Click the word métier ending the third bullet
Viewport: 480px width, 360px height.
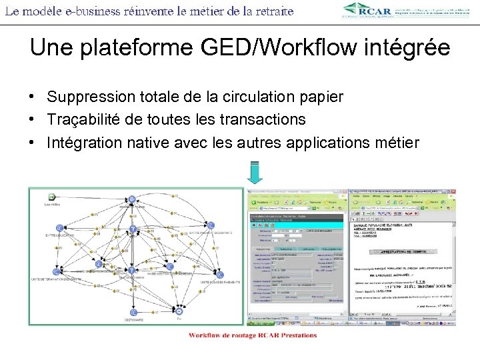tap(397, 143)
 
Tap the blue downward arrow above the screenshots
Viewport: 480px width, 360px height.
tap(255, 172)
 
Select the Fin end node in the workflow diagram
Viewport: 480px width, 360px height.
tap(179, 311)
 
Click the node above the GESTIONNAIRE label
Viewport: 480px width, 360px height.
tap(134, 311)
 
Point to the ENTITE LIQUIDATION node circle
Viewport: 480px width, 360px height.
tap(60, 228)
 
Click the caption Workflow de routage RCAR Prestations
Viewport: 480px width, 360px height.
tap(253, 335)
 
